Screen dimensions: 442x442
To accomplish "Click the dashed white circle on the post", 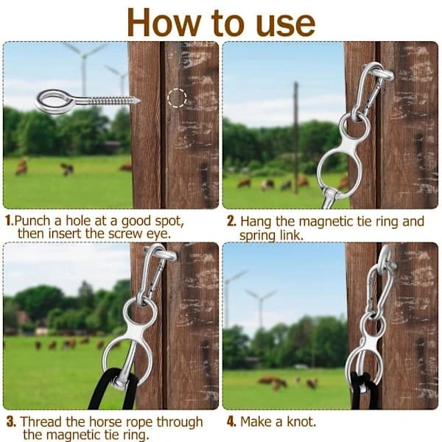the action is coord(177,98).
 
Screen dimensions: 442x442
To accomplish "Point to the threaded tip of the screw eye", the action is coord(138,100).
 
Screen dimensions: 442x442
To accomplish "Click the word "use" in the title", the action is coord(285,24).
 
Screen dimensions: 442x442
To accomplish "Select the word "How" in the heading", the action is coord(164,22).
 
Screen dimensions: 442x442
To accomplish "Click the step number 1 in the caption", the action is coord(9,220).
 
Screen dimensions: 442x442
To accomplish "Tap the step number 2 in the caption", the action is coord(231,221).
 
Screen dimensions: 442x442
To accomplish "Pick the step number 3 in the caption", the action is coord(11,421).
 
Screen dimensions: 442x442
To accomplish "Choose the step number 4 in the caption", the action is coord(231,421).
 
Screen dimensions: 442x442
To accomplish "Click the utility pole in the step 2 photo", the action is coord(295,138).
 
